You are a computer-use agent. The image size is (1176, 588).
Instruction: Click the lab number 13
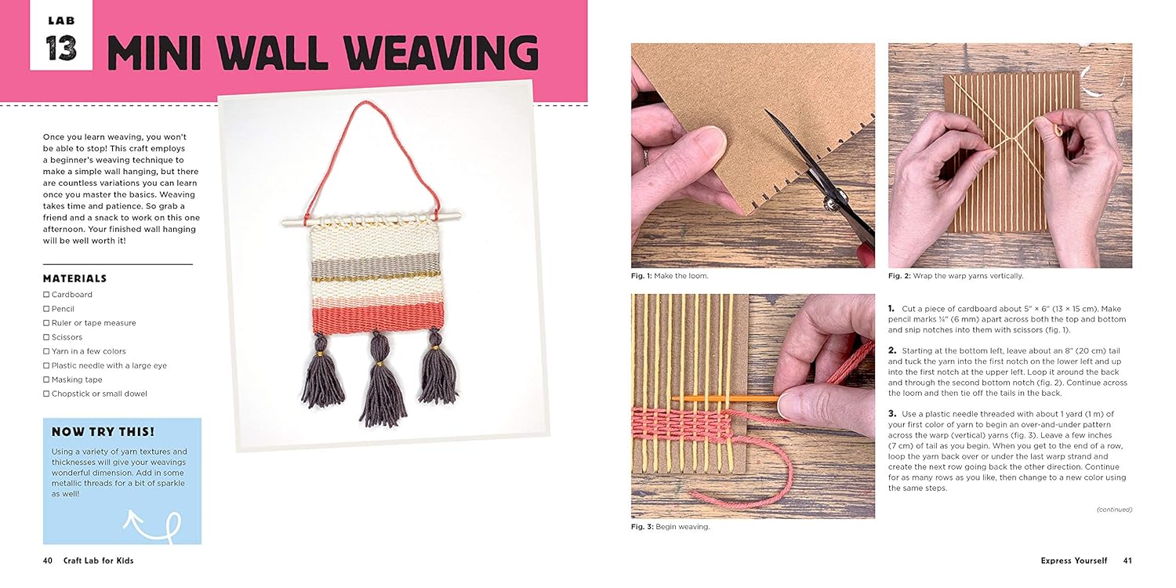[61, 48]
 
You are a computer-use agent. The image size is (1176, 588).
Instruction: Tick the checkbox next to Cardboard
[46, 295]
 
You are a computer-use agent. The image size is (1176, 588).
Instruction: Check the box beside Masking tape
[46, 379]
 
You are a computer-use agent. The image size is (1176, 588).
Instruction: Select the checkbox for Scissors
[46, 337]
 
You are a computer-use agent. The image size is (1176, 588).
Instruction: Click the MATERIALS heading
[74, 278]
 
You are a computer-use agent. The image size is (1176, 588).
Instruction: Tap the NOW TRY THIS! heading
[103, 432]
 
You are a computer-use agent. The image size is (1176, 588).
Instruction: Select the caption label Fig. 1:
[642, 276]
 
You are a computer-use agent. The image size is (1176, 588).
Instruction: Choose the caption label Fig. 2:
[899, 276]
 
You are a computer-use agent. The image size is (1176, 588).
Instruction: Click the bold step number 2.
[892, 350]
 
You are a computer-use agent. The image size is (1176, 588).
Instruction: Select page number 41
[1127, 561]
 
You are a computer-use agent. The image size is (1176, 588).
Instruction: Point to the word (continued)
[1114, 510]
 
